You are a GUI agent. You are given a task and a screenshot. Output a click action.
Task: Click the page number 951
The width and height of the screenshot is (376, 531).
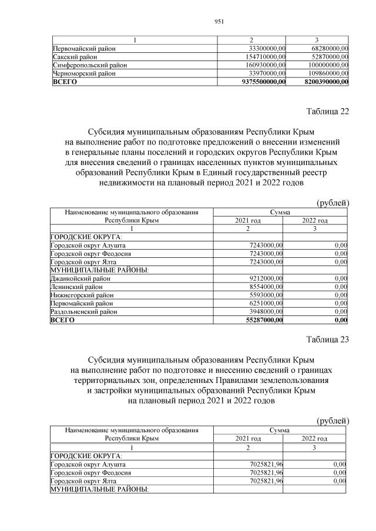[x=220, y=21]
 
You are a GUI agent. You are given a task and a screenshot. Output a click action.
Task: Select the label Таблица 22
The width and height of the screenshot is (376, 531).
[x=328, y=112]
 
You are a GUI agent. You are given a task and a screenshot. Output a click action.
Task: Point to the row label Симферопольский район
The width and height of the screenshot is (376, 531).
[x=90, y=65]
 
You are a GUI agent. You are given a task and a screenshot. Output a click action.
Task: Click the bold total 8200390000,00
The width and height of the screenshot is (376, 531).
[x=327, y=83]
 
